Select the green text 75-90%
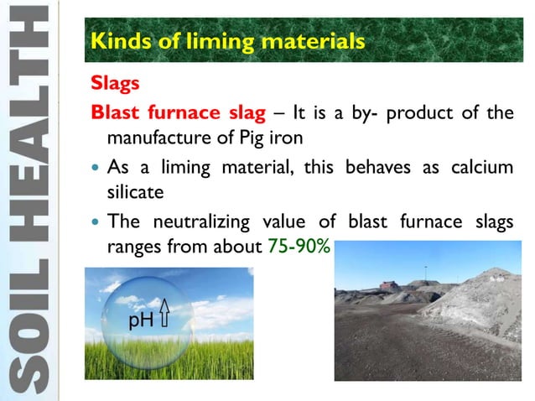pyautogui.click(x=301, y=248)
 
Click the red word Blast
pyautogui.click(x=118, y=112)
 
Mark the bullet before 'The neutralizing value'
pyautogui.click(x=96, y=224)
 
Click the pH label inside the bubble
pyautogui.click(x=140, y=320)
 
